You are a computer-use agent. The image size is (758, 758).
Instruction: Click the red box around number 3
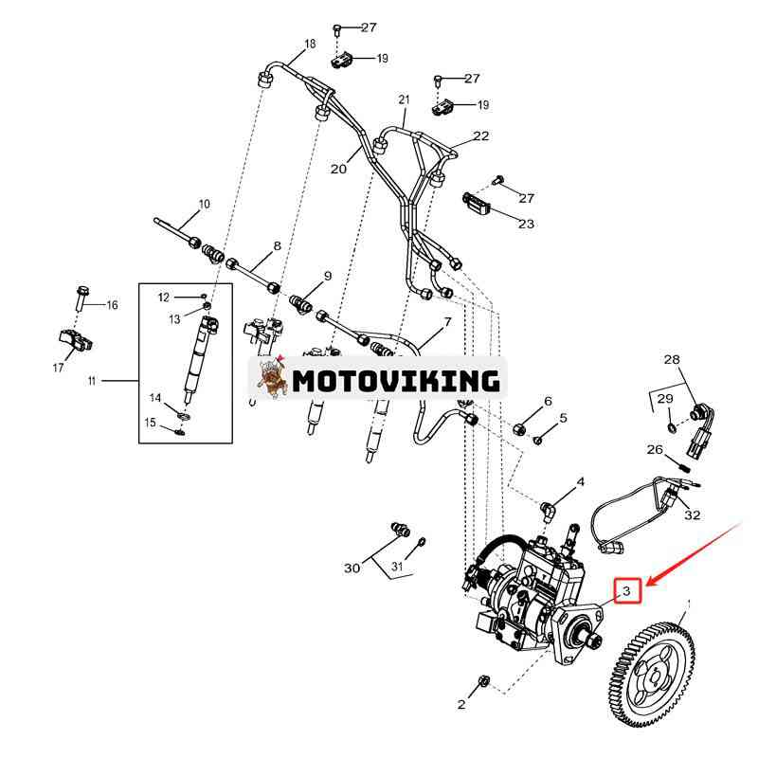point(627,591)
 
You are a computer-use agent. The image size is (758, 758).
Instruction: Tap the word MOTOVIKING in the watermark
point(395,381)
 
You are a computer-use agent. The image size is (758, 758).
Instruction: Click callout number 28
point(671,360)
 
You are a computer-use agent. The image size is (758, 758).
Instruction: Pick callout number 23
point(525,225)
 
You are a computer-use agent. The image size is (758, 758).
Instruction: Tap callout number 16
point(112,305)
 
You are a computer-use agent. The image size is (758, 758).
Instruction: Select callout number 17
point(58,368)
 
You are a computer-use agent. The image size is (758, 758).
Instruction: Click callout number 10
point(204,205)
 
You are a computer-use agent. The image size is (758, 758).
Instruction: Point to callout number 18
point(309,44)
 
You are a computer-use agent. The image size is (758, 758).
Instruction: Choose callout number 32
point(693,515)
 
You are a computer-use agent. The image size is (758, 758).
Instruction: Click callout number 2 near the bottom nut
point(461,704)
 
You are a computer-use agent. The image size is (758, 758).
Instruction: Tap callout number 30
point(352,568)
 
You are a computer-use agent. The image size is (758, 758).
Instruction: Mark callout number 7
point(446,323)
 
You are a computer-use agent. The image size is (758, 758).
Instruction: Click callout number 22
point(481,136)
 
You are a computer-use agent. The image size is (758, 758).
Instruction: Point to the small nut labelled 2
point(482,681)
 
